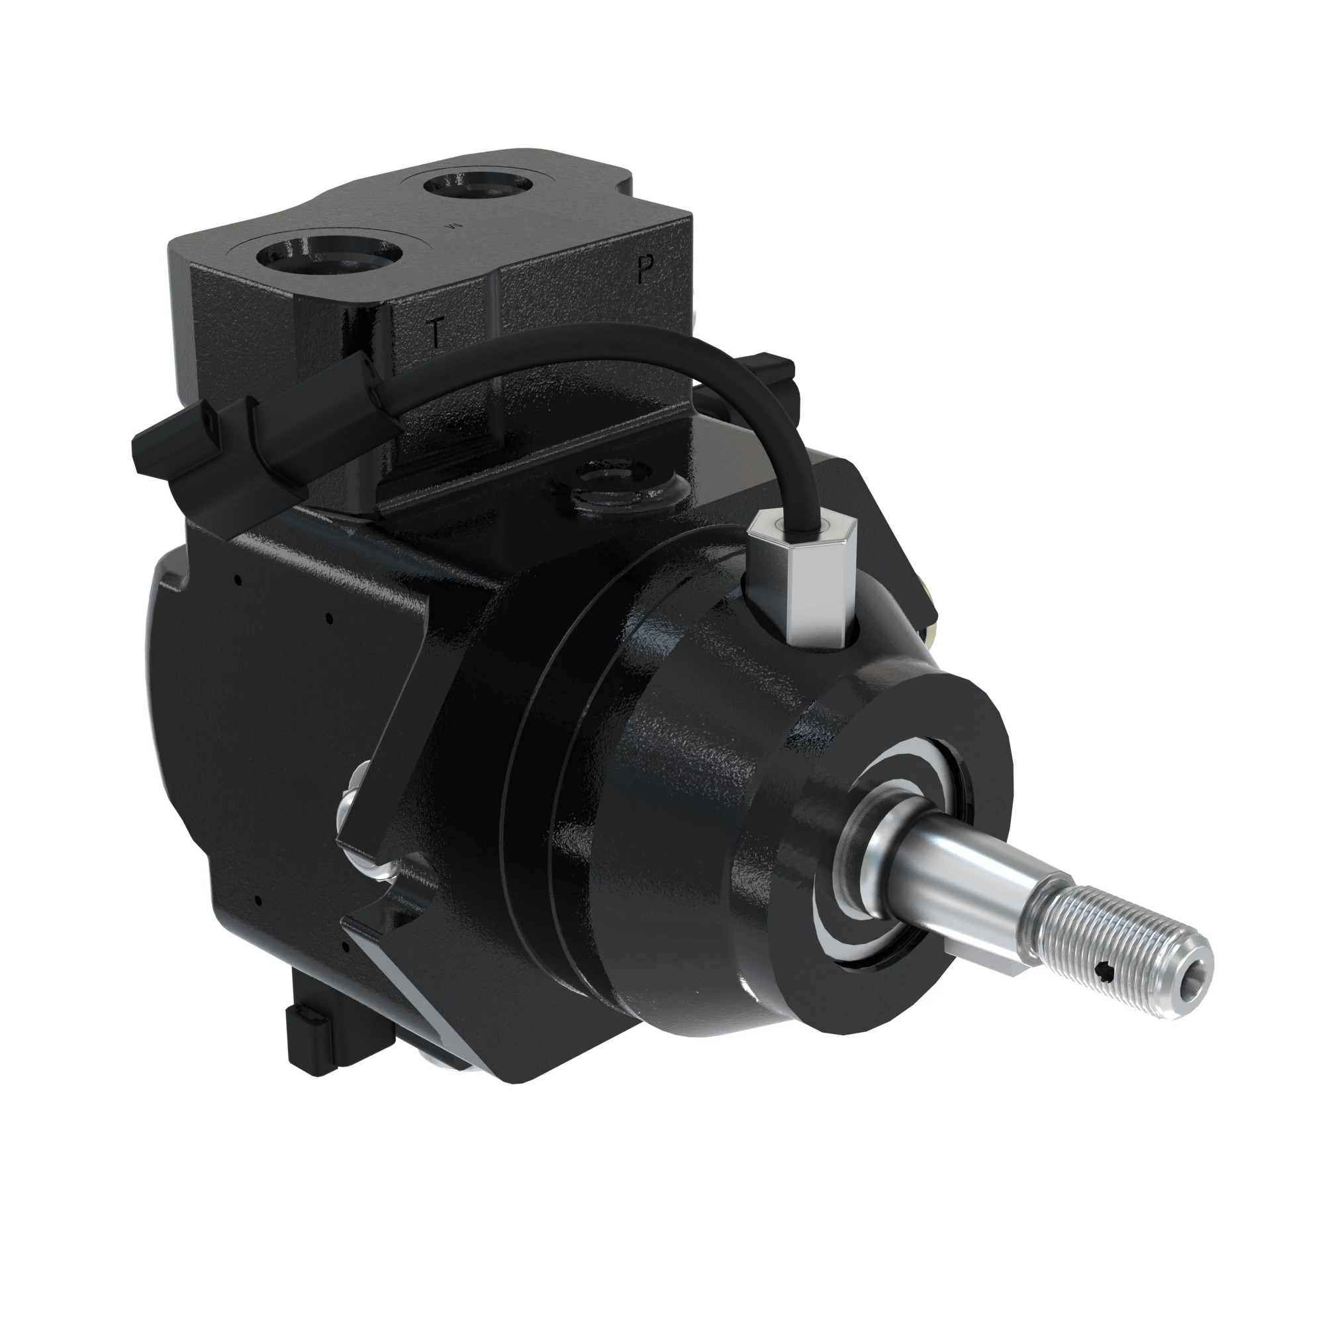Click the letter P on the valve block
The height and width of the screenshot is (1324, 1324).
point(643,269)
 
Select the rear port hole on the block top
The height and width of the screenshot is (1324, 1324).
point(478,185)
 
